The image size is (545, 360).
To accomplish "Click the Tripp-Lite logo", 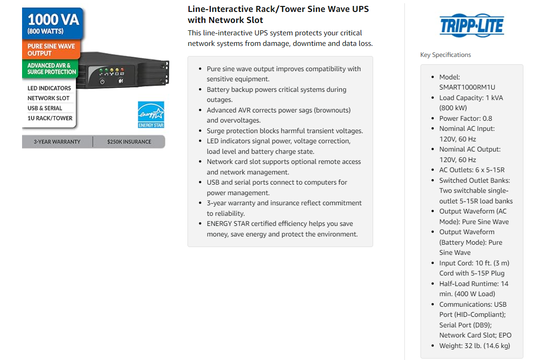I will click(471, 25).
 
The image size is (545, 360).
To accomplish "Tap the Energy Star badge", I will click(151, 114).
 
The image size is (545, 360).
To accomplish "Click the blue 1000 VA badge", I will click(53, 24).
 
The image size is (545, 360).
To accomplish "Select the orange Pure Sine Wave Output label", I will click(51, 50).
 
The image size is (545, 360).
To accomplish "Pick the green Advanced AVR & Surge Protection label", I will click(51, 68).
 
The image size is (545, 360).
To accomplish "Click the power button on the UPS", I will click(102, 81).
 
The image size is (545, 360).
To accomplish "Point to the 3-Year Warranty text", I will click(57, 142).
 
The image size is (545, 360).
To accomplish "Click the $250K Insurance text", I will click(129, 142).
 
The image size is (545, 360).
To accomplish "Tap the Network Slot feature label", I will click(48, 98).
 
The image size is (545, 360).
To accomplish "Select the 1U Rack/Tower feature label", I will click(50, 118).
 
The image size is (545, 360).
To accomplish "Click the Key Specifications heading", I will click(445, 55).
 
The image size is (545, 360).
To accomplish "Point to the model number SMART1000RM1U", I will click(467, 87).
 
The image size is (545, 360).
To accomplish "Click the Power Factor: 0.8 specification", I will click(466, 118).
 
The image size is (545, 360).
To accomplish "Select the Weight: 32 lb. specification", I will click(474, 346).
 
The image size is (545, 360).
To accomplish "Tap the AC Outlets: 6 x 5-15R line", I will click(471, 170).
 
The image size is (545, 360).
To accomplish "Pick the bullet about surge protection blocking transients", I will click(284, 131).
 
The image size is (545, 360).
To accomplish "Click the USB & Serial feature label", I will click(45, 108).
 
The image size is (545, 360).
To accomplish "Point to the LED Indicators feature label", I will click(49, 88).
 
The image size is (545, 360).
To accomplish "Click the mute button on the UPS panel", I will click(120, 81).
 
